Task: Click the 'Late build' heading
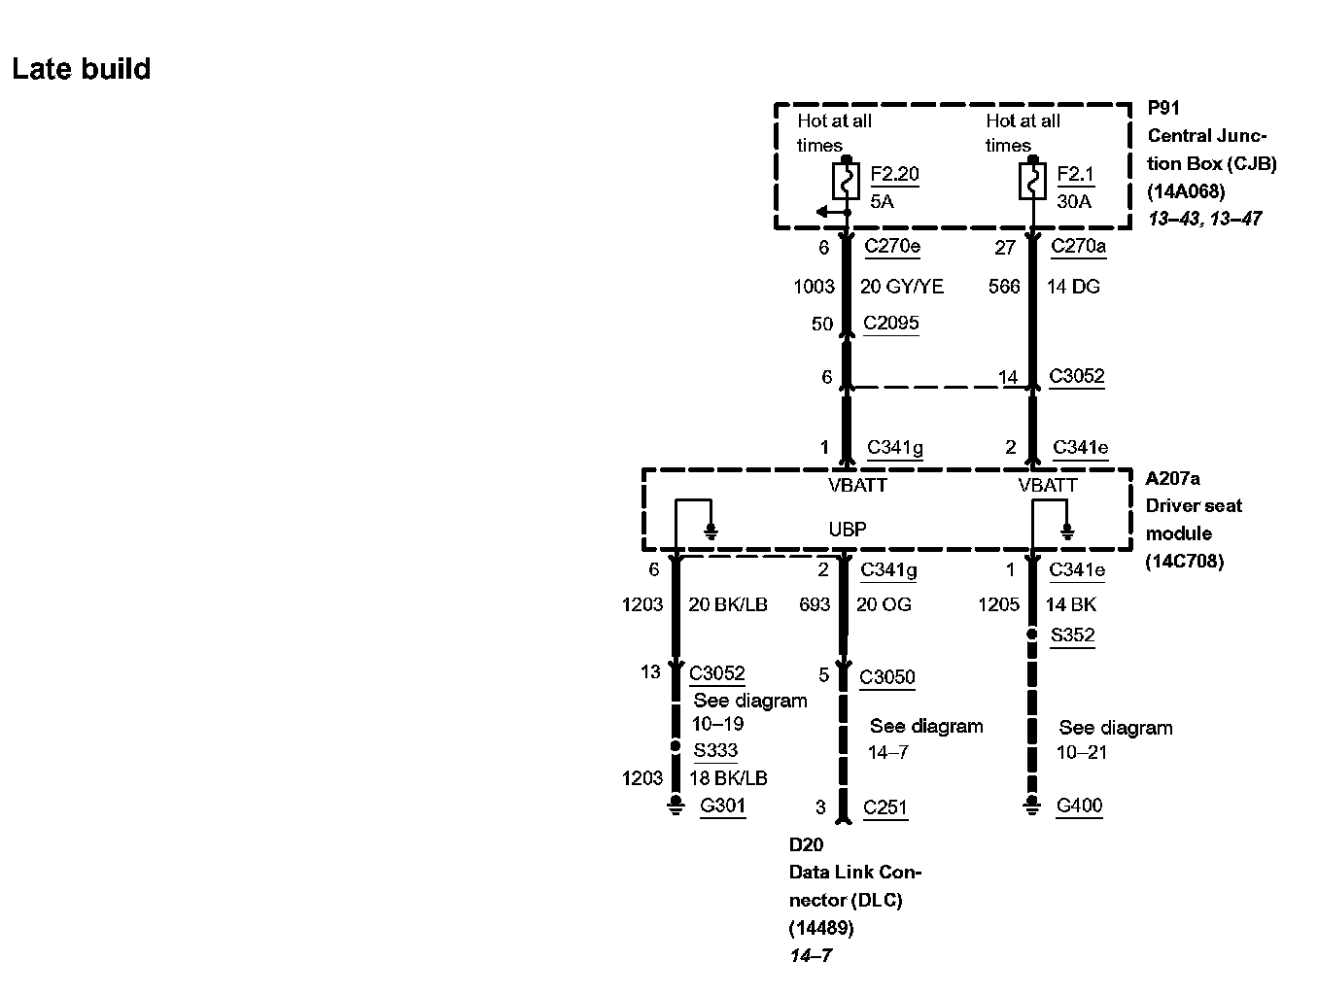click(x=82, y=69)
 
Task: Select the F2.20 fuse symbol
click(x=846, y=181)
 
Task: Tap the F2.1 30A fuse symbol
click(x=1032, y=181)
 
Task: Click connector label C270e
click(x=892, y=246)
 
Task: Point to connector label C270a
click(x=1078, y=246)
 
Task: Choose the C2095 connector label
click(x=891, y=323)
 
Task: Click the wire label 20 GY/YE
click(x=902, y=286)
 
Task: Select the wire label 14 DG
click(x=1073, y=286)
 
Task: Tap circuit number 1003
click(x=814, y=286)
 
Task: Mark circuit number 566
click(x=1004, y=286)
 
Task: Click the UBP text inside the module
click(x=848, y=530)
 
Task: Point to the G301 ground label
click(x=723, y=806)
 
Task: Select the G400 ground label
click(x=1080, y=806)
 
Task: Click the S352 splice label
click(x=1072, y=635)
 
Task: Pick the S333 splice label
click(x=715, y=750)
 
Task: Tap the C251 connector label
click(x=885, y=807)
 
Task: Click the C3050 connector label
click(x=887, y=677)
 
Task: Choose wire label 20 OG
click(x=884, y=604)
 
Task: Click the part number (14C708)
click(x=1184, y=561)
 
